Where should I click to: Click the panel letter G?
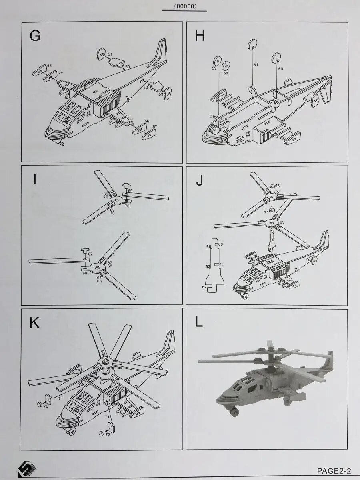pyautogui.click(x=35, y=36)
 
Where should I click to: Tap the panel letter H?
pyautogui.click(x=200, y=36)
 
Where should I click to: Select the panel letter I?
pyautogui.click(x=35, y=180)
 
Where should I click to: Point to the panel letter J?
pyautogui.click(x=199, y=181)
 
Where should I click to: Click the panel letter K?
pyautogui.click(x=34, y=322)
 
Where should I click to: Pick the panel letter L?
pyautogui.click(x=199, y=322)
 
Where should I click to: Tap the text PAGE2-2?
pyautogui.click(x=334, y=470)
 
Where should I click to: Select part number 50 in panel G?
pyautogui.click(x=128, y=67)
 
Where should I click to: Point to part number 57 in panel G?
pyautogui.click(x=154, y=127)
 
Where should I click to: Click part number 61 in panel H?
pyautogui.click(x=256, y=64)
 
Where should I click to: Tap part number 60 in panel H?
pyautogui.click(x=280, y=69)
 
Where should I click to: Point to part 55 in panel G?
pyautogui.click(x=39, y=71)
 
